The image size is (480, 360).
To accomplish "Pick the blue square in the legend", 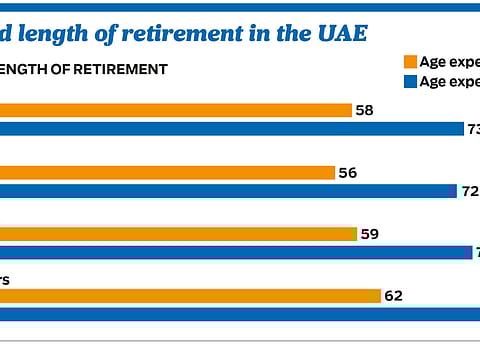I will (x=410, y=82).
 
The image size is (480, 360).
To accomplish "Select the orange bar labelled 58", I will (x=175, y=110).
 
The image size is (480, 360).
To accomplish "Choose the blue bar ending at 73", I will (x=230, y=129).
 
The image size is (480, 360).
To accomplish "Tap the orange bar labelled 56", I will (x=167, y=173).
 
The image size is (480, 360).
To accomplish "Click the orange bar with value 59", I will (x=178, y=234).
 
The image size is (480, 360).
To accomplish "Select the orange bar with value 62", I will (x=190, y=296).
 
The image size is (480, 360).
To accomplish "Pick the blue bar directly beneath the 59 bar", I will (x=235, y=252).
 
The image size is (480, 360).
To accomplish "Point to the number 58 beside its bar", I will (x=365, y=110).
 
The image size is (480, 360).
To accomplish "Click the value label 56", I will (x=348, y=173).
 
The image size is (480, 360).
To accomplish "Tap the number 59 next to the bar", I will (x=371, y=234).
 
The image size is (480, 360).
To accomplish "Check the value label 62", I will (x=394, y=296).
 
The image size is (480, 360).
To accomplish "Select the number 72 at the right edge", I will (x=470, y=191).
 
